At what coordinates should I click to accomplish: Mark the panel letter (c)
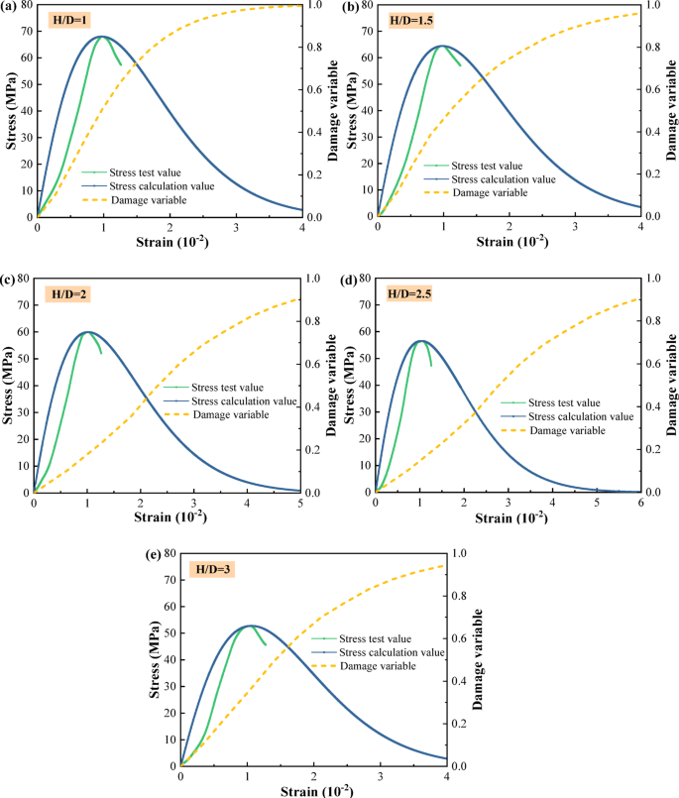click(x=9, y=282)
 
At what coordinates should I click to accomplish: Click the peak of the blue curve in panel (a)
click(x=101, y=37)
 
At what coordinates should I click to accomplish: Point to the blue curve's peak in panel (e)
click(x=251, y=626)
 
